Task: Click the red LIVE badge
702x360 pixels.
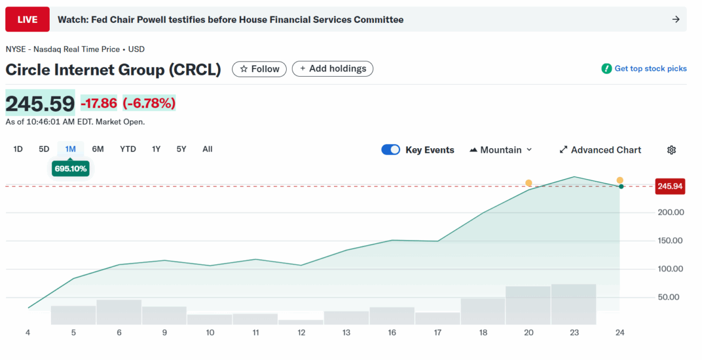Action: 27,19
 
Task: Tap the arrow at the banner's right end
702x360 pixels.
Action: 676,19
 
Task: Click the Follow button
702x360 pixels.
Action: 260,69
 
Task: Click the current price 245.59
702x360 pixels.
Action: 40,104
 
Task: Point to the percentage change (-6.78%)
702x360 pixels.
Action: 149,104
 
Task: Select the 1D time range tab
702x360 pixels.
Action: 18,149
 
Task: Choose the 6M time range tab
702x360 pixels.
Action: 98,149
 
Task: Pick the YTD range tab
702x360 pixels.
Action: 128,149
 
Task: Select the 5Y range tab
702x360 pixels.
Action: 181,149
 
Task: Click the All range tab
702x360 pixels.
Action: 207,149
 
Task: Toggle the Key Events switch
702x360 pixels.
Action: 391,150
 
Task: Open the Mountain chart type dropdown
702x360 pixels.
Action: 501,150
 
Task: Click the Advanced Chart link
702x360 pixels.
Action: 600,150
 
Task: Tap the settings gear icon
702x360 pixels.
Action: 672,150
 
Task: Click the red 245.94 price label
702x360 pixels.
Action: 670,186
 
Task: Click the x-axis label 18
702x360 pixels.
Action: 483,332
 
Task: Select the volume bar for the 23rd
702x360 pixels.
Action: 573,304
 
